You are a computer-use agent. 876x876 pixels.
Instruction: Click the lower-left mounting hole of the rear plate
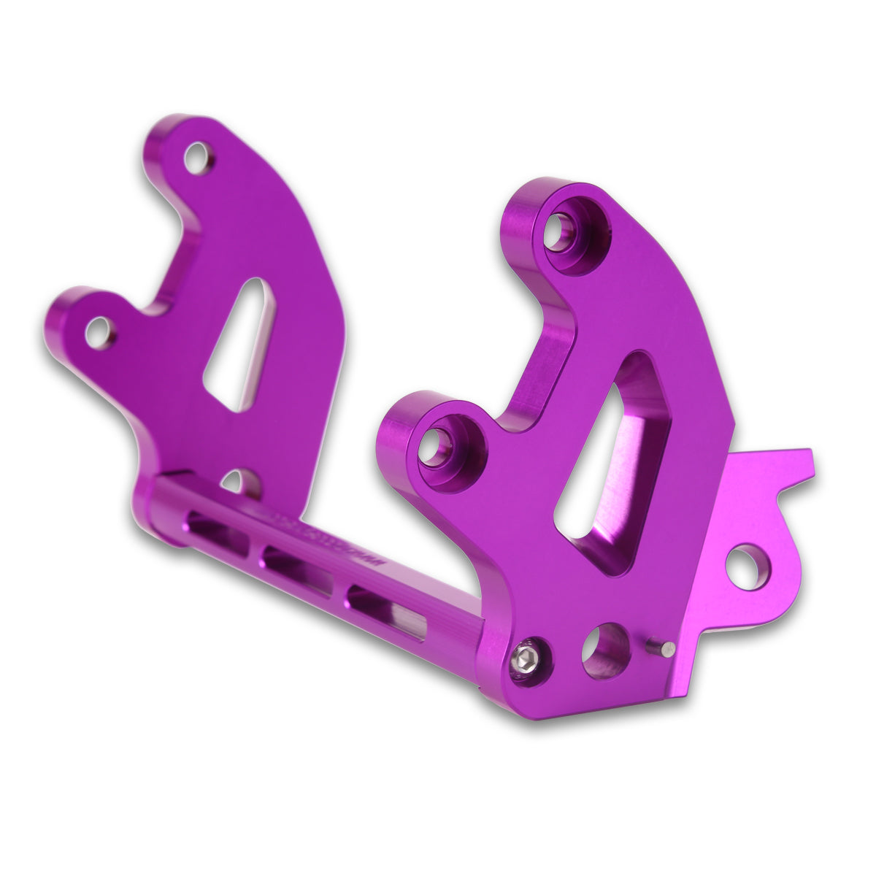(96, 332)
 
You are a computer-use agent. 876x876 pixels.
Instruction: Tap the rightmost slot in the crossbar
(383, 607)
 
